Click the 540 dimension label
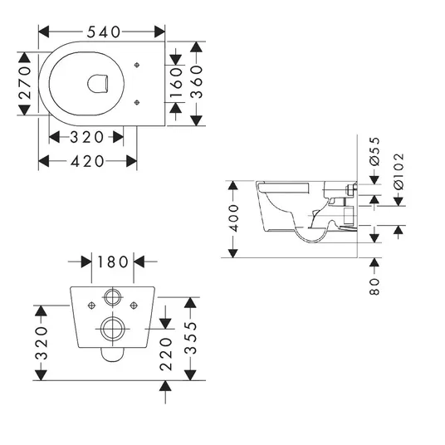coord(104,32)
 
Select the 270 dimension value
coord(25,82)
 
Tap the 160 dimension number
coord(176,82)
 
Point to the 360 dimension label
coord(197,82)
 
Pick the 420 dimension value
coord(87,162)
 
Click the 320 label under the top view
coord(87,137)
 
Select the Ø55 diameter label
coord(374,151)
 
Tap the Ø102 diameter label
coord(399,171)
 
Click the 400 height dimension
coord(233,218)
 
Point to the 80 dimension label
coord(374,286)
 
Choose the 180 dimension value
coord(113,262)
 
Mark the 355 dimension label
coord(190,338)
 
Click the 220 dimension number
coord(166,355)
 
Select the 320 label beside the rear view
coord(42,344)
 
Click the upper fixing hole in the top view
coord(137,66)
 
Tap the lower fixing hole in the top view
coord(137,102)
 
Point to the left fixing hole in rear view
coord(91,306)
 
